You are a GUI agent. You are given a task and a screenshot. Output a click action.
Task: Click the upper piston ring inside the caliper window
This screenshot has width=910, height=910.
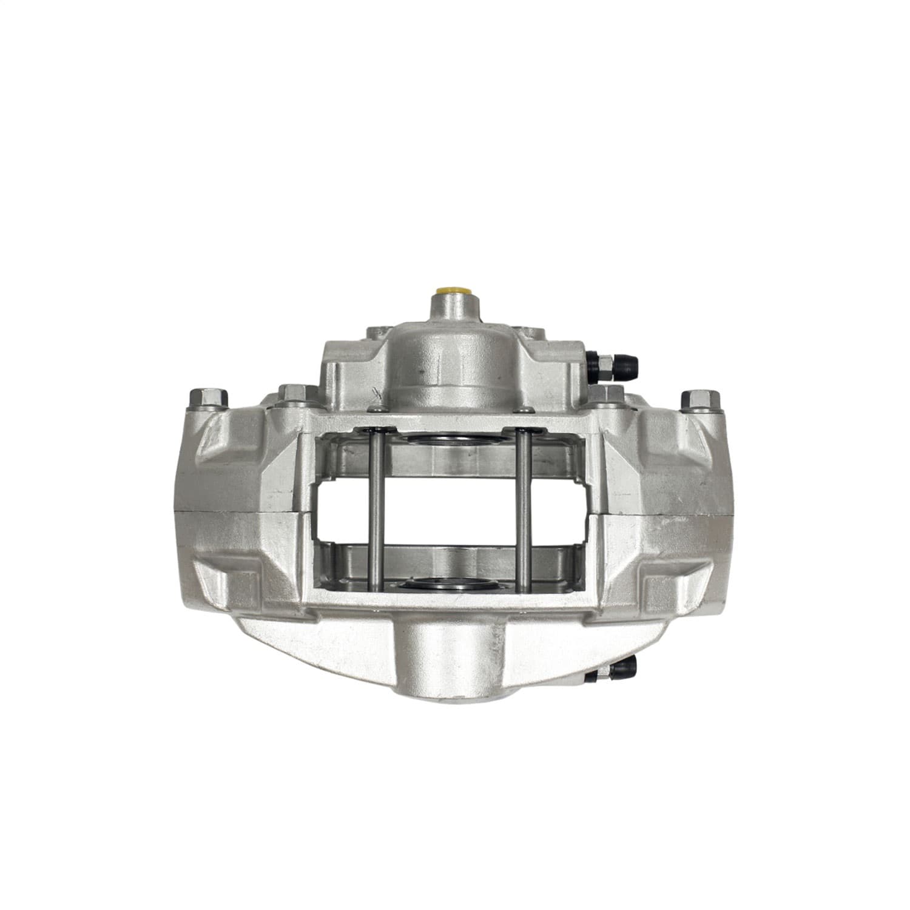pos(450,438)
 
